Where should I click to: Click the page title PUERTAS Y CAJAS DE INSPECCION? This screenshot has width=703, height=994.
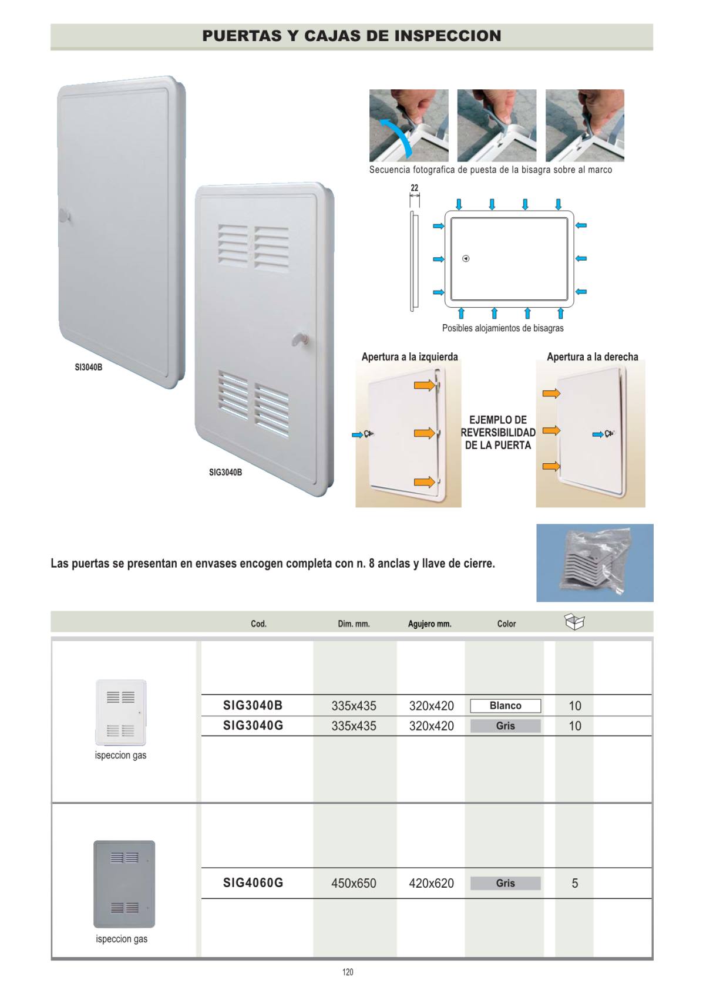point(351,36)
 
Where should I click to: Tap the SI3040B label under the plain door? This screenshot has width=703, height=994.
point(88,367)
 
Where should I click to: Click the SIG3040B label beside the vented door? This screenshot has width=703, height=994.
point(226,472)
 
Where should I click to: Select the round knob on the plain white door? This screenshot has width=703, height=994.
point(65,216)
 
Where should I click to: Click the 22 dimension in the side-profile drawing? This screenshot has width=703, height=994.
point(415,188)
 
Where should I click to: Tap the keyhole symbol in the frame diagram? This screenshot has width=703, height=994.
point(466,259)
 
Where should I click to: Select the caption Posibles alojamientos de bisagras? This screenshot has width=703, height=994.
point(503,328)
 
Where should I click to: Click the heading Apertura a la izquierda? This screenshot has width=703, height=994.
point(409,357)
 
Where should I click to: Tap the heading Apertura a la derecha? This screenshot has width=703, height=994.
point(593,357)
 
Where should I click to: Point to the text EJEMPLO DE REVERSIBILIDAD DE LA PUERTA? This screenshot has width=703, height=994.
point(498,433)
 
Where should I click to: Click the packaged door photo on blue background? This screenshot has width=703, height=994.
point(595,562)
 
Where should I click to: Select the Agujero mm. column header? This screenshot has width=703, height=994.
point(430,624)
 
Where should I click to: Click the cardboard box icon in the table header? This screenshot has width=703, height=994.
point(574,621)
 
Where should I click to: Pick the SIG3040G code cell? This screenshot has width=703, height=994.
point(253,726)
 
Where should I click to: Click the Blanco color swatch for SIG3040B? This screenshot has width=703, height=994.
point(506,706)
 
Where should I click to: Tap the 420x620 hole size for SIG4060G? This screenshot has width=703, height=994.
point(432,883)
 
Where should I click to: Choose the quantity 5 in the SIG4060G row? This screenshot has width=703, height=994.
point(575,883)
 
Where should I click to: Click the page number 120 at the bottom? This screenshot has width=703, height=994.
point(348,972)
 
